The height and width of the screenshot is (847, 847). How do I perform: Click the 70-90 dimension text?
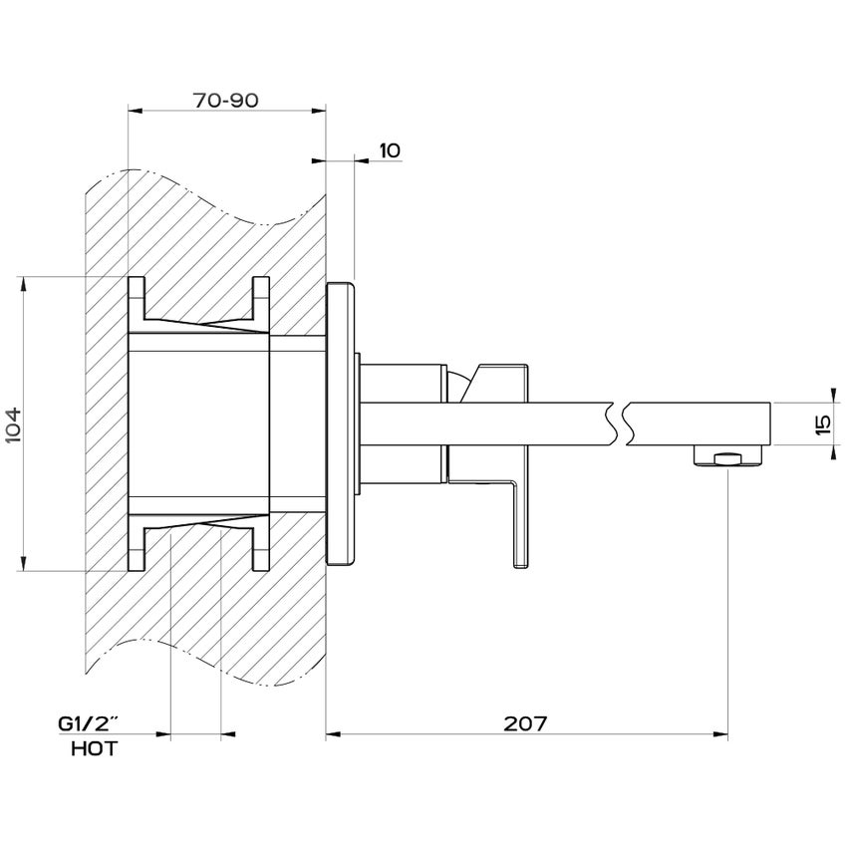[x=226, y=101]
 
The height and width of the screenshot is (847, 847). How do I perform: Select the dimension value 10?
[x=389, y=150]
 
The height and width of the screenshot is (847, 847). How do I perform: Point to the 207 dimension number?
[x=526, y=724]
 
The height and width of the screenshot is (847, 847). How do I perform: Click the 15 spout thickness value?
[x=823, y=424]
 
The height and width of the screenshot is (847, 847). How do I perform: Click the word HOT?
[x=95, y=748]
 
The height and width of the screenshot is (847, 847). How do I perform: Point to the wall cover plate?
[x=342, y=423]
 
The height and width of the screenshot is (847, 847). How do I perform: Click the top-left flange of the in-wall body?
[x=137, y=296]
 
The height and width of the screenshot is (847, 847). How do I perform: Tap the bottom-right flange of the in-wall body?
[x=261, y=550]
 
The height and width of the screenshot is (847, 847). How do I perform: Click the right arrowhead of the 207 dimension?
[x=720, y=736]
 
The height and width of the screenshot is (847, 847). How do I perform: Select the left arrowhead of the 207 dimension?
[x=334, y=736]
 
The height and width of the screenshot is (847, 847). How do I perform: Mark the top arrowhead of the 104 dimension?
[x=23, y=283]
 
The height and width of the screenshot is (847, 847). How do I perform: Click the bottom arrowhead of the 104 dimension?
[x=23, y=564]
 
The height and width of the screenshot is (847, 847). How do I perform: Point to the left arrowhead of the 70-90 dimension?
[x=136, y=111]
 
